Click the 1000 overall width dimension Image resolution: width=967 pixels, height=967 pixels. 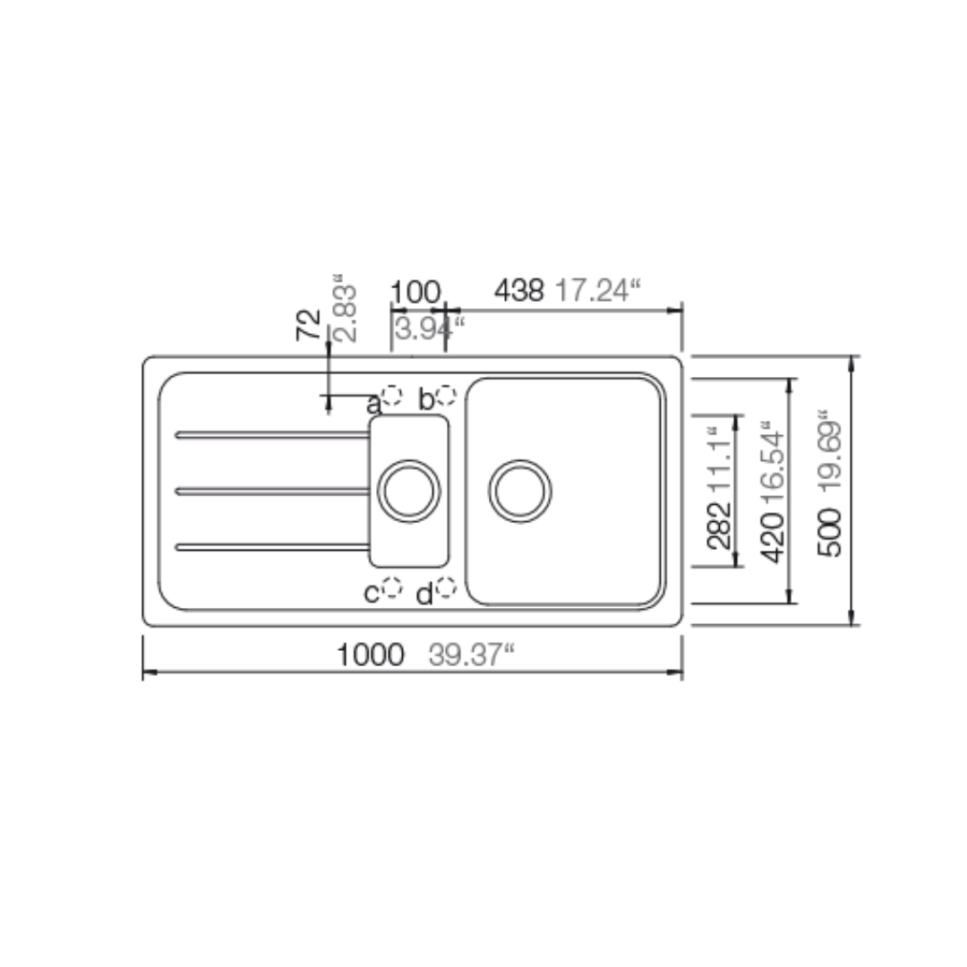(x=371, y=655)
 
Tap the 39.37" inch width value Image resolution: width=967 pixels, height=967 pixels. (x=471, y=655)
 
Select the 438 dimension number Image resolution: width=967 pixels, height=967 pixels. (x=519, y=290)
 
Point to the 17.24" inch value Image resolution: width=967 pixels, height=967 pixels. (x=598, y=290)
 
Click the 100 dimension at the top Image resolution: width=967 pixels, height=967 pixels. (x=416, y=292)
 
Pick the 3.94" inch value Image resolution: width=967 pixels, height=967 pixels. (x=429, y=329)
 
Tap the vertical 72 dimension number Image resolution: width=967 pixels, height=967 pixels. (x=309, y=325)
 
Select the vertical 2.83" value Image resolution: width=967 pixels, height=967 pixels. (x=345, y=308)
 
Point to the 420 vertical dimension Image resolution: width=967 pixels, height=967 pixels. (x=774, y=538)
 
